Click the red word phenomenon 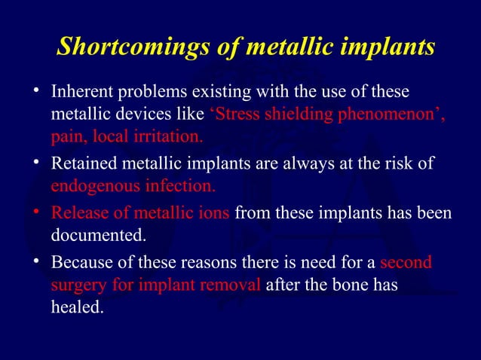coord(393,116)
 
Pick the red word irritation coord(165,139)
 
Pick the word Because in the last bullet coord(79,264)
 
